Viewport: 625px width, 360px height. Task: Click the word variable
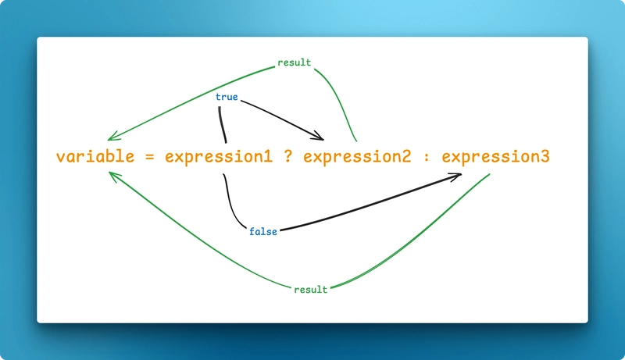(95, 156)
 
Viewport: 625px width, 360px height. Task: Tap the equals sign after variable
(150, 157)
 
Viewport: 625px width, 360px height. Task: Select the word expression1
(219, 157)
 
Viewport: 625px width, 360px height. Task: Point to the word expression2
(357, 157)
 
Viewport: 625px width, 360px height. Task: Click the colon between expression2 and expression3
(426, 158)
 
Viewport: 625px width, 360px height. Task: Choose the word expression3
(495, 157)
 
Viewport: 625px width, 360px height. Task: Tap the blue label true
(227, 98)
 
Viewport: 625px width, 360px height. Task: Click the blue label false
(263, 232)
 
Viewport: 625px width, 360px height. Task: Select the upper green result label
(294, 62)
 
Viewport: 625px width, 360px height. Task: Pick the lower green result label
(310, 290)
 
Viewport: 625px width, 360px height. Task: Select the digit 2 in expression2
(406, 156)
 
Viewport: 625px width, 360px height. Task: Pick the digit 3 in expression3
(545, 156)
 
